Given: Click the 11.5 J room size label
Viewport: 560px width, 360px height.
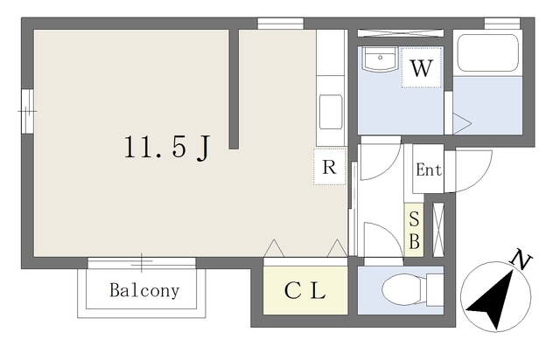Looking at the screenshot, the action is [166, 147].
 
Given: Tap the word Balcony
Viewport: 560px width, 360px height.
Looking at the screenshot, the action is [144, 290].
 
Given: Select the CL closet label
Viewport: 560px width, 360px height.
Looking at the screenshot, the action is [305, 291].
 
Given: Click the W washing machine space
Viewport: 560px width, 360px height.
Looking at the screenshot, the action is [422, 68].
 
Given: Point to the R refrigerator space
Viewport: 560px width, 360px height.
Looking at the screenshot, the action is [330, 167].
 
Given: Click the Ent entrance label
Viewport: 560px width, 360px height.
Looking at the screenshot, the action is [429, 170].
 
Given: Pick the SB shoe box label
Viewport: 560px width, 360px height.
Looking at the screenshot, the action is [414, 230].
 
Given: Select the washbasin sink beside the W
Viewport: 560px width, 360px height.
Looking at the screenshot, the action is [380, 59].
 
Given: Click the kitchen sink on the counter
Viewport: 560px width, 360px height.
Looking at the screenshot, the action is [331, 112].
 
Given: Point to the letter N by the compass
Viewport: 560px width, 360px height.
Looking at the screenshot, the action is [521, 260].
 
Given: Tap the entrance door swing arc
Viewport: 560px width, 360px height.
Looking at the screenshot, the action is [480, 179].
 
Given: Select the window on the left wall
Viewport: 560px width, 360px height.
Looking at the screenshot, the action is [27, 111].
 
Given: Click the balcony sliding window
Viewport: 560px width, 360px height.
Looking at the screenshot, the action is [142, 263].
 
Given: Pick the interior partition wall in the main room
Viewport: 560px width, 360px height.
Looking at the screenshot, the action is [234, 89].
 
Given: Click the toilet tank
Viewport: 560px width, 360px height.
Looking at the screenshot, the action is [435, 290].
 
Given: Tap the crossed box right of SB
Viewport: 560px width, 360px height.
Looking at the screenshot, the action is [438, 230].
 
